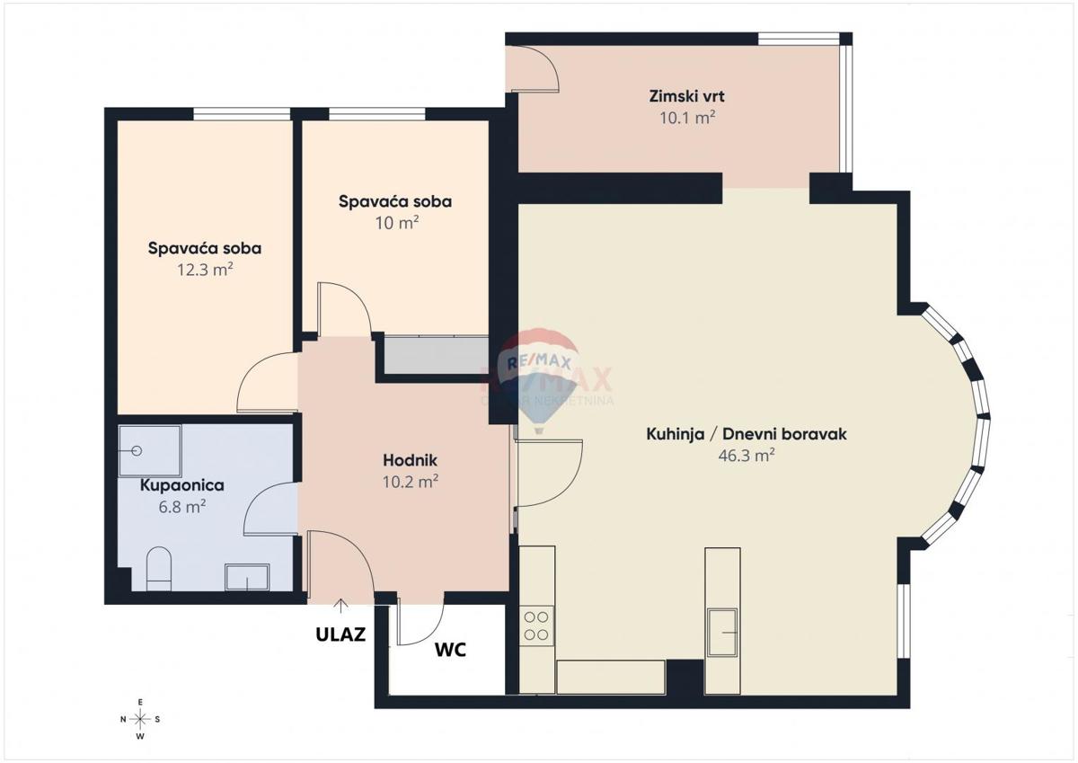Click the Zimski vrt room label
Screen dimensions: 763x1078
coord(686,96)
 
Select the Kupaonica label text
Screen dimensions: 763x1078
coord(181,485)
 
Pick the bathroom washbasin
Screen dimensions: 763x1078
coord(246,576)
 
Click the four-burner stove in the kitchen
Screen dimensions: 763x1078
coord(537,625)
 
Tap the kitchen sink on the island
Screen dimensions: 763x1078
coord(721,632)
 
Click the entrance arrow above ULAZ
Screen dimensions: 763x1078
coord(340,606)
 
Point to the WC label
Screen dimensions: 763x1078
coord(451,650)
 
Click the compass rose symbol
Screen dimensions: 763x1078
coord(140,718)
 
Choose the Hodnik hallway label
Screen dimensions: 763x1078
coord(410,461)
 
